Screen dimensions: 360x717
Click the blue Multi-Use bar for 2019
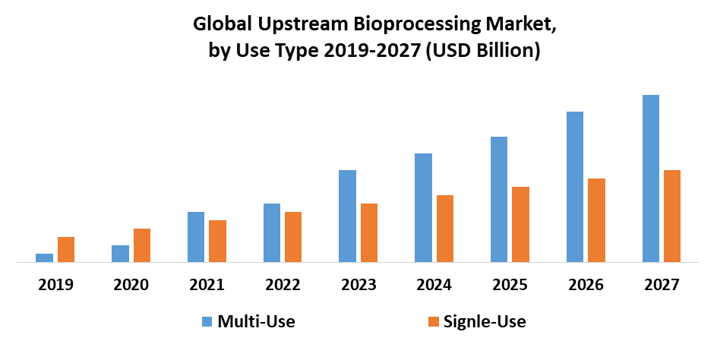[45, 257]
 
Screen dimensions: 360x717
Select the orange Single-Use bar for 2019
[66, 249]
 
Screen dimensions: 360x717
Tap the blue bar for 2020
[120, 254]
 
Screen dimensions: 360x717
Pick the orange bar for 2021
[217, 241]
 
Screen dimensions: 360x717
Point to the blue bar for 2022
[272, 232]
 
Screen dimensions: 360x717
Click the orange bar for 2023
[369, 232]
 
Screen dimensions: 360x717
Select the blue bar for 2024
[423, 207]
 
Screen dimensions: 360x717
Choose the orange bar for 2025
[520, 224]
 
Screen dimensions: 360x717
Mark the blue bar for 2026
[575, 187]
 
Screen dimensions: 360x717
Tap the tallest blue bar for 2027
[651, 178]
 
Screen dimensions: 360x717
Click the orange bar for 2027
[672, 216]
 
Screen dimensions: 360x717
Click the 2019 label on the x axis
[55, 285]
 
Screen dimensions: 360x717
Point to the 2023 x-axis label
[358, 285]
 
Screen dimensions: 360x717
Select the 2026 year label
[586, 285]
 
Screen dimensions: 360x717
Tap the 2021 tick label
[207, 285]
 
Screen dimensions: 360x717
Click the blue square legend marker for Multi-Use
[207, 322]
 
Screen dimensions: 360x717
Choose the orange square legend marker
[433, 322]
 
